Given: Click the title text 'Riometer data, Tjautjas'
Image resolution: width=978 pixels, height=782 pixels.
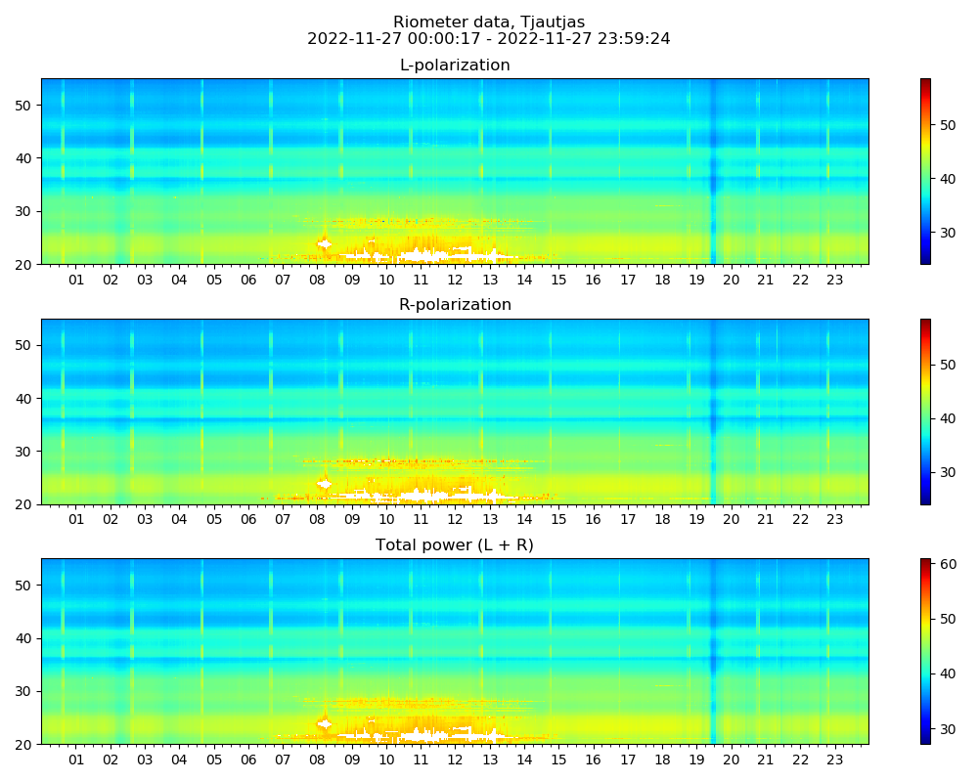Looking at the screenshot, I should click(489, 22).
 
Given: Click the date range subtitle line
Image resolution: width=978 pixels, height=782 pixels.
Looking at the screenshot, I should click(489, 39).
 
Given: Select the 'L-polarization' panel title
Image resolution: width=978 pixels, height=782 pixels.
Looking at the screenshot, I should click(455, 65).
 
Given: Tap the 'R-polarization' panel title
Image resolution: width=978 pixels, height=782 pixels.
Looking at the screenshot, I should click(455, 305).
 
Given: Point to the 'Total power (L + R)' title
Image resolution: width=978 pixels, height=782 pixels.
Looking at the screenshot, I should click(455, 545).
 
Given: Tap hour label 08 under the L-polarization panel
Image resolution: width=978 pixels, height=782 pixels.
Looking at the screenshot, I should click(317, 281).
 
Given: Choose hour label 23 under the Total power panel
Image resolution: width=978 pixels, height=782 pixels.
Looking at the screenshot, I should click(834, 760).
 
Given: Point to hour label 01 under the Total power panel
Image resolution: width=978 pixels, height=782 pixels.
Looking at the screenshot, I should click(75, 760).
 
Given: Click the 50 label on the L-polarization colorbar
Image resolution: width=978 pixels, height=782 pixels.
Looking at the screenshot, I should click(947, 125).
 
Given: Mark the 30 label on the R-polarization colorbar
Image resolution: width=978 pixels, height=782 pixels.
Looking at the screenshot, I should click(947, 472).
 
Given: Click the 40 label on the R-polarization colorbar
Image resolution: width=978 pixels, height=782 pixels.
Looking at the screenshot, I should click(947, 418).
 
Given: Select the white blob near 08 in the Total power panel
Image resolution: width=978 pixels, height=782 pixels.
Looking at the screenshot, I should click(325, 724).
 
